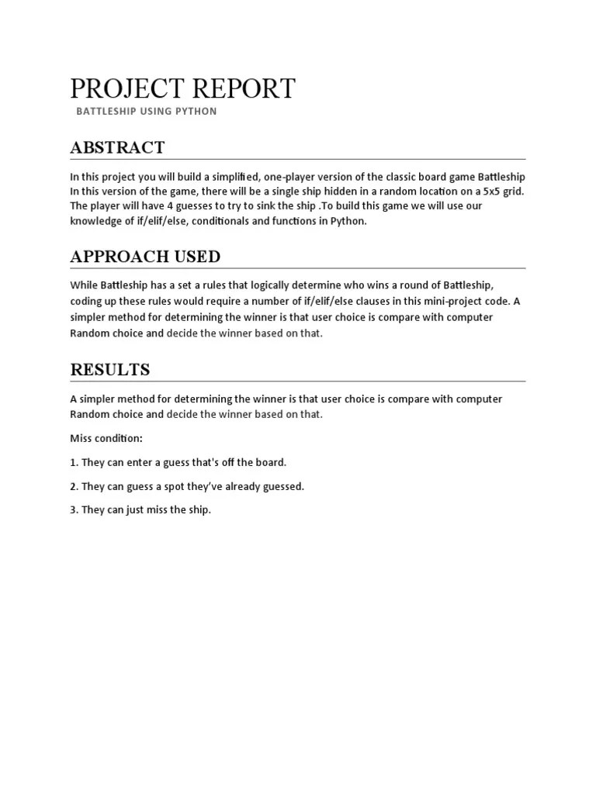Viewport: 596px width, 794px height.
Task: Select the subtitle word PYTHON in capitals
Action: coord(196,111)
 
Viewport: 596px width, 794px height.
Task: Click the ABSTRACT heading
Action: coord(117,147)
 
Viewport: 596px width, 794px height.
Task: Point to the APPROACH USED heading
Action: coord(145,257)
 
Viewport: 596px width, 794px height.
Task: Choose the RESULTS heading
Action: coord(110,369)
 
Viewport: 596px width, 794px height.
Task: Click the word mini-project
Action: coord(427,301)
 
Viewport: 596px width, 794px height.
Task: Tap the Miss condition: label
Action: coord(106,438)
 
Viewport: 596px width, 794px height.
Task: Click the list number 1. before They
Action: coord(74,462)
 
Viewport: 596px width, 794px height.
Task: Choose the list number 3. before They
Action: coord(74,509)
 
